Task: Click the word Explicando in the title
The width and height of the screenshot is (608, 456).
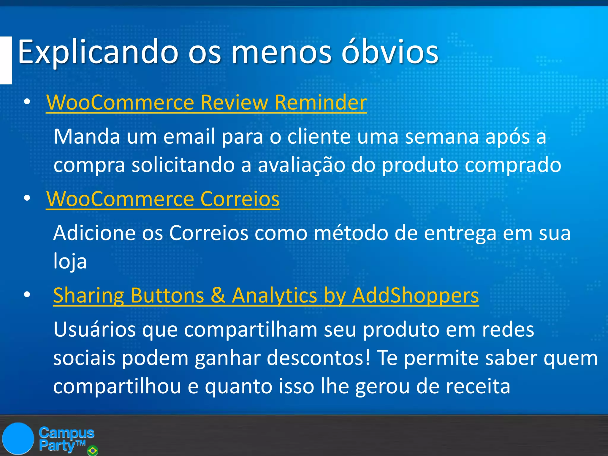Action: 98,52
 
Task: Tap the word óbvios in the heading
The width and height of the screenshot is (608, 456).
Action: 390,52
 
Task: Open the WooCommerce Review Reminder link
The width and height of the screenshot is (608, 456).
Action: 206,102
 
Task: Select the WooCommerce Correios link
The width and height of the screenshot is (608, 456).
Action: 163,199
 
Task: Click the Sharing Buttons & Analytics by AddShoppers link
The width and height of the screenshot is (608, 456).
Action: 266,295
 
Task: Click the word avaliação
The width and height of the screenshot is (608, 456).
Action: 301,165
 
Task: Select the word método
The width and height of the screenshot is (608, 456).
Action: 351,233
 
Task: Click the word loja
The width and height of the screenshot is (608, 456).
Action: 70,261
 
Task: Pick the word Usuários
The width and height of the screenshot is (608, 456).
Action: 94,330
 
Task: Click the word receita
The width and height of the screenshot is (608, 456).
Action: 478,386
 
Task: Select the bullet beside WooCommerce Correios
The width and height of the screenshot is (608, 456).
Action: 27,198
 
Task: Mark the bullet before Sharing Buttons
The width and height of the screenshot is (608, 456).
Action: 27,295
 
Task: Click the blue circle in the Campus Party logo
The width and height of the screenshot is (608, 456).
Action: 18,438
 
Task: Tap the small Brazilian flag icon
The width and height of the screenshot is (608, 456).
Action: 92,451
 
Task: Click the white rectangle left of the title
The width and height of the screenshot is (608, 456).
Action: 6,60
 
